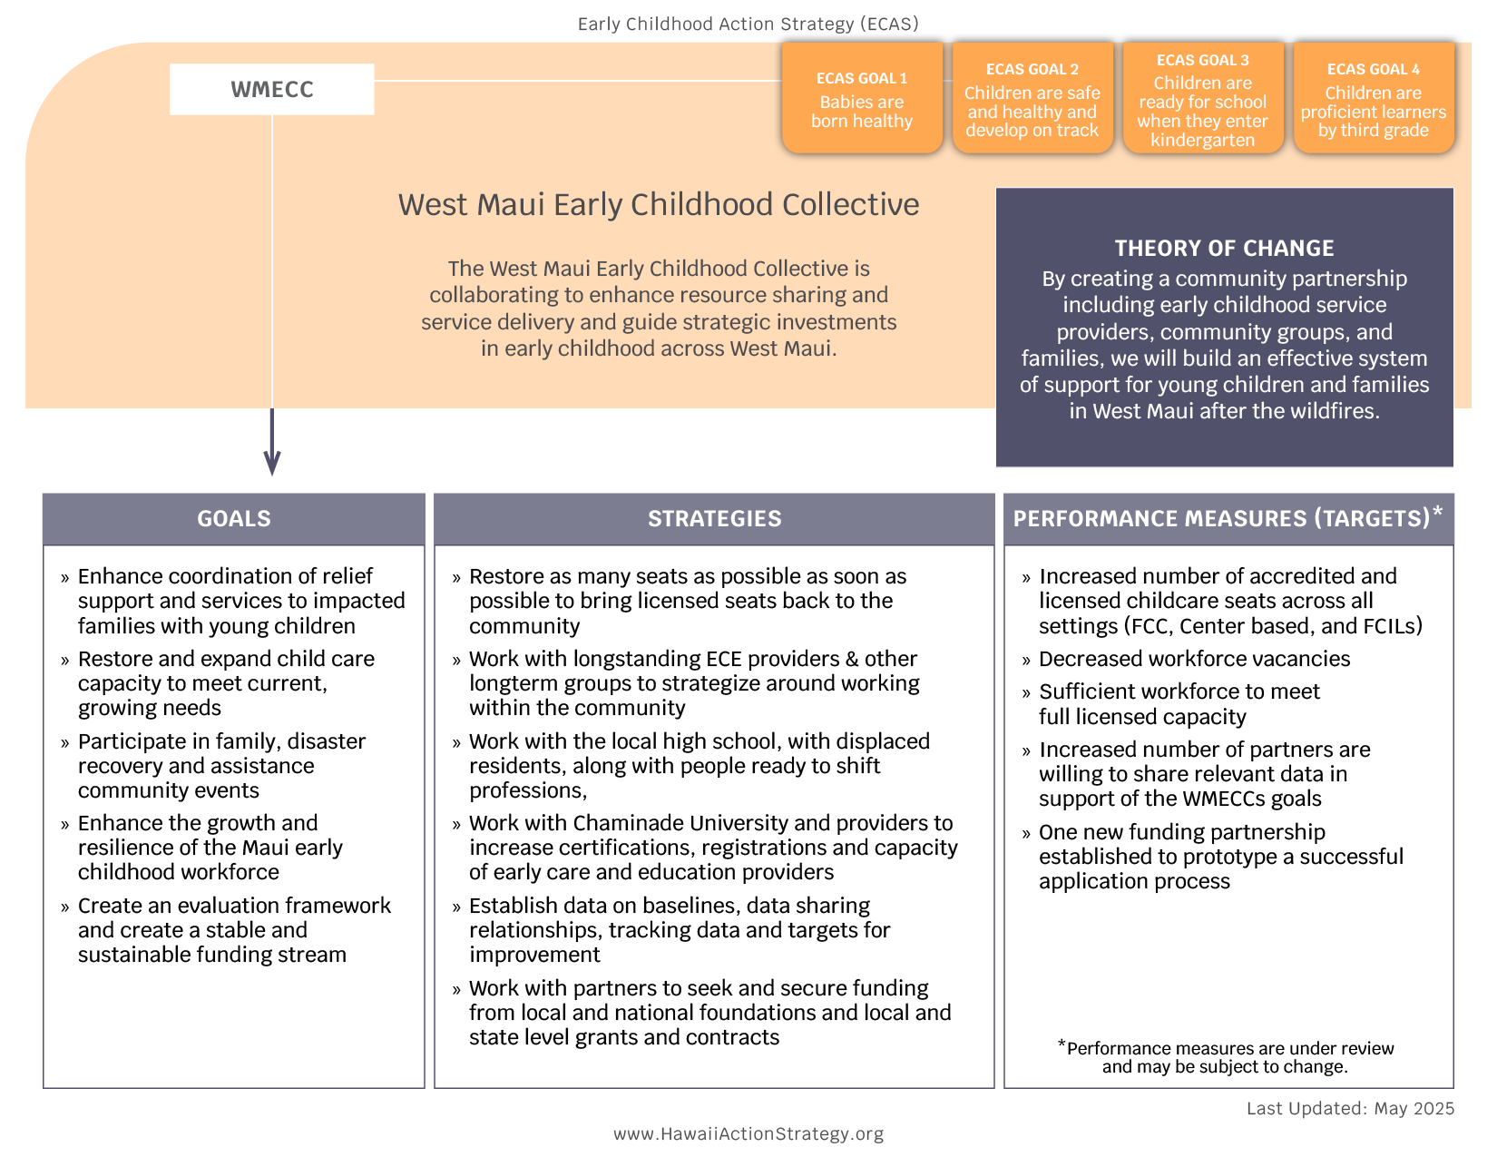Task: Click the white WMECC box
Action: [x=271, y=89]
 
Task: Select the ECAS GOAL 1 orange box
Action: [x=862, y=98]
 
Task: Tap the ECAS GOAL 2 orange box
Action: [x=1032, y=98]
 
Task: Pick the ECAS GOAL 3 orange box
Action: [x=1203, y=98]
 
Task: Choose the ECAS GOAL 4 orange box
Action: [x=1374, y=98]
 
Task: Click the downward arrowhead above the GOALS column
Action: [x=272, y=463]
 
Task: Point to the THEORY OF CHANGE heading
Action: [x=1224, y=248]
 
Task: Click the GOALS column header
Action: [x=234, y=518]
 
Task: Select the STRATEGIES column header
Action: [x=714, y=518]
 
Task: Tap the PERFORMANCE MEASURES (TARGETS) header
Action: [x=1221, y=518]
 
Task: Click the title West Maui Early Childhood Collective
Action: [x=659, y=204]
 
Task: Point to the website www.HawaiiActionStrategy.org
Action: [x=748, y=1133]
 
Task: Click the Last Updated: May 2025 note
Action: [x=1350, y=1108]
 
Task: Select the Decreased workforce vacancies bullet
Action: [x=1194, y=659]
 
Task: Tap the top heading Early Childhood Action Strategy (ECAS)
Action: [x=748, y=24]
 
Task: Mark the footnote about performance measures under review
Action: [x=1226, y=1057]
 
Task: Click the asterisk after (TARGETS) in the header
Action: [x=1437, y=513]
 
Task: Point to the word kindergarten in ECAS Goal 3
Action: [x=1203, y=140]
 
